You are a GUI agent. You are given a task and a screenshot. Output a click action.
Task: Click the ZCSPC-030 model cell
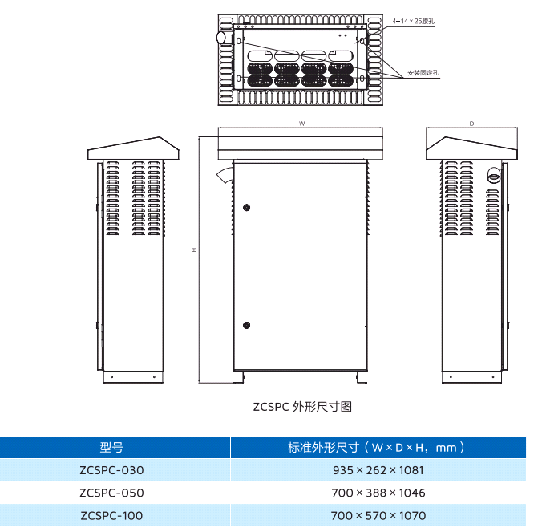tap(111, 470)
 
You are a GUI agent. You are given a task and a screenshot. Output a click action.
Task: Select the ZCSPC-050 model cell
tap(111, 493)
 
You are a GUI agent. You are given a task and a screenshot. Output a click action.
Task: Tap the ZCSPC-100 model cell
tap(111, 515)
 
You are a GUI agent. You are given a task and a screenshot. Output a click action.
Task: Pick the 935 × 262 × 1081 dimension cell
tap(378, 470)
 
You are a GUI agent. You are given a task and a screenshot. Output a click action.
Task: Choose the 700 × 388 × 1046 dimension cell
tap(378, 493)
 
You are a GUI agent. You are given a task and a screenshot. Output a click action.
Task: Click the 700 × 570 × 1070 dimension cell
tap(378, 515)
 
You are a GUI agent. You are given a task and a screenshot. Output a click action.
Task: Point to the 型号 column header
tap(111, 448)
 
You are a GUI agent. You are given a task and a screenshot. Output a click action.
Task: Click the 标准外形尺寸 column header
tap(378, 448)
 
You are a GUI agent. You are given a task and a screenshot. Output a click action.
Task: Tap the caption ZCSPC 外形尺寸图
tap(302, 407)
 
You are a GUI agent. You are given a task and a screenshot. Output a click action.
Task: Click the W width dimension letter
tap(301, 124)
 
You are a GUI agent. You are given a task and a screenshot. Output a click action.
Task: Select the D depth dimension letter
tap(471, 124)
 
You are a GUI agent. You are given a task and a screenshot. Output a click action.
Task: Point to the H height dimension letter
tap(194, 250)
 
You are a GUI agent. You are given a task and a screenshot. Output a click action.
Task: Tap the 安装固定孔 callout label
tap(423, 73)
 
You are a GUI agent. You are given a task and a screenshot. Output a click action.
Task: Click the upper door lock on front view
tap(246, 207)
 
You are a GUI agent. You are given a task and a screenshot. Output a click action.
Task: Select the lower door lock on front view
tap(246, 325)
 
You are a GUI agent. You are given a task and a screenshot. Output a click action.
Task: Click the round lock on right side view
tap(495, 172)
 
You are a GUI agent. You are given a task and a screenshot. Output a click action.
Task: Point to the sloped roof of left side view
tap(133, 148)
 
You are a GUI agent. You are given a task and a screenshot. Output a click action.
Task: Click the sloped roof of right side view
tap(471, 148)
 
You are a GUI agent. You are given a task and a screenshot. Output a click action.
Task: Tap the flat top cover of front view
tap(301, 146)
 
